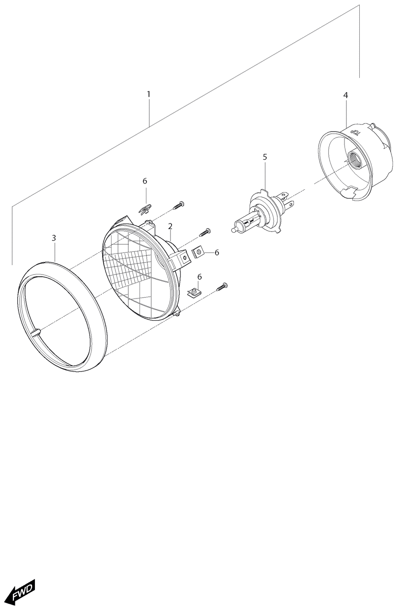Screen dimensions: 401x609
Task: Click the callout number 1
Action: tap(149, 94)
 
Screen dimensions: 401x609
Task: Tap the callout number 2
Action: tap(170, 227)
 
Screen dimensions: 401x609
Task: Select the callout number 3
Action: tap(54, 238)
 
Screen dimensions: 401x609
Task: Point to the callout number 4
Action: tap(345, 95)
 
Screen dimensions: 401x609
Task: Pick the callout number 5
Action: tap(265, 157)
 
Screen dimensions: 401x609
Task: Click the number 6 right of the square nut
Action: tap(217, 253)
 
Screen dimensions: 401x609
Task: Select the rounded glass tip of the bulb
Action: tap(233, 230)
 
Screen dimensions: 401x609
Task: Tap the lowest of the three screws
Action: tap(222, 287)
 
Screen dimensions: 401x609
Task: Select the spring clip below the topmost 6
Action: tap(145, 209)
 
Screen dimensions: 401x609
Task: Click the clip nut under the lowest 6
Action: tap(194, 293)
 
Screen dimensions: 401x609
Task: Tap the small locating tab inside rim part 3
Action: tap(36, 332)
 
